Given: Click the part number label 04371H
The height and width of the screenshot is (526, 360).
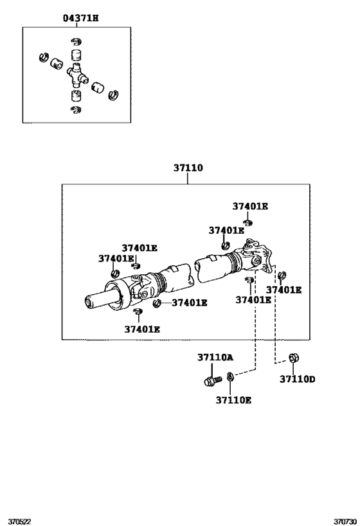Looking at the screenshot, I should click(80, 19).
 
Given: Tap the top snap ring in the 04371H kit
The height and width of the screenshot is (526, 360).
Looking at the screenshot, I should click(75, 42).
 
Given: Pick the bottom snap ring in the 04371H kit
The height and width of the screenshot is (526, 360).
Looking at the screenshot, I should click(76, 110).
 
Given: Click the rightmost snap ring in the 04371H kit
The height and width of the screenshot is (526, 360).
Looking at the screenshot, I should click(115, 95).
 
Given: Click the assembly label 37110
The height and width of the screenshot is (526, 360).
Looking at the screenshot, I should click(188, 168).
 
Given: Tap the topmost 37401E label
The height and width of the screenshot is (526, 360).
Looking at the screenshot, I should click(250, 206).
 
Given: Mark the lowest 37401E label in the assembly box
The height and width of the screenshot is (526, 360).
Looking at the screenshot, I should click(142, 329).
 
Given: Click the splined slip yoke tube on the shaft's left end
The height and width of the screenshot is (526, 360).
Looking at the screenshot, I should click(103, 299).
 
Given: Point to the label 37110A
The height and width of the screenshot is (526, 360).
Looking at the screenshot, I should click(215, 357).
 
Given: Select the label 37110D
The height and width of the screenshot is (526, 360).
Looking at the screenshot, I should click(297, 379).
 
